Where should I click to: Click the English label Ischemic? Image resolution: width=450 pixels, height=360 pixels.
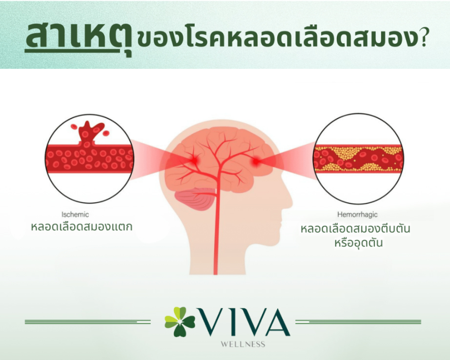pos(75,214)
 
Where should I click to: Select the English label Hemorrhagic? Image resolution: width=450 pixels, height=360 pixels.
pos(357,214)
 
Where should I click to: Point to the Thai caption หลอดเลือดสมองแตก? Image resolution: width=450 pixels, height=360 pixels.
pos(82,227)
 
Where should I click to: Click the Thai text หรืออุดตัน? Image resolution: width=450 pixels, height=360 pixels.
pos(358,243)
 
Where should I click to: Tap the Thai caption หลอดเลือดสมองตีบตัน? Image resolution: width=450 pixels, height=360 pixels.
pos(355,229)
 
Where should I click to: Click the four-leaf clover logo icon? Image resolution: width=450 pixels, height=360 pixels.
pos(180,321)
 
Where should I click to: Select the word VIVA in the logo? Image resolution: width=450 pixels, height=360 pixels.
pos(243,322)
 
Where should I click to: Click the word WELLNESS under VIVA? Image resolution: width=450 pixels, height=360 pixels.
pos(243,344)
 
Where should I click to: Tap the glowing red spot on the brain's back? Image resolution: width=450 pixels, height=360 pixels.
pos(194,160)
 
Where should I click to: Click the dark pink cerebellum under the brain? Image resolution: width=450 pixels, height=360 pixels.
pos(195,199)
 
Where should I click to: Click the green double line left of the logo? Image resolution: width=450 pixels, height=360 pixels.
pos(88,322)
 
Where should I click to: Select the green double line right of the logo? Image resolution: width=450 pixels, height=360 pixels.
pos(358,322)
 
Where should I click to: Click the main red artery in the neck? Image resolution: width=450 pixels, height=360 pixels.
pos(216,229)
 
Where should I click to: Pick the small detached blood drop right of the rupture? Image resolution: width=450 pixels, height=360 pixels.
pos(106,133)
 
